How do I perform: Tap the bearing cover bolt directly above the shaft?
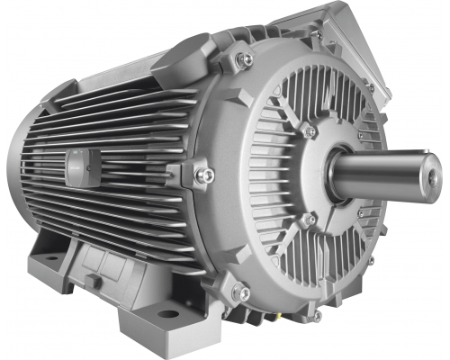[310, 131]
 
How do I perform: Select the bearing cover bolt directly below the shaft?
[310, 220]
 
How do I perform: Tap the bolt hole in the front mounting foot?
[169, 314]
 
